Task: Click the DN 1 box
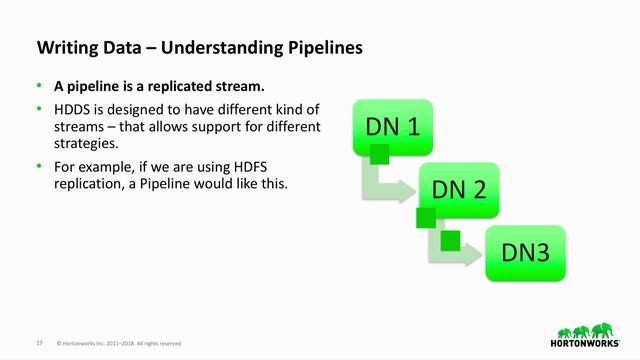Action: [x=391, y=127]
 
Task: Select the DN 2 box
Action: [x=458, y=189]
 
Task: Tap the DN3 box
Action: [x=525, y=252]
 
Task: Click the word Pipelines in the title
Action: [x=317, y=47]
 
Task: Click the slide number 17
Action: [x=39, y=342]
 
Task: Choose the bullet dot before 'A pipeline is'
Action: [x=40, y=86]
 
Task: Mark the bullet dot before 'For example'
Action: [x=40, y=165]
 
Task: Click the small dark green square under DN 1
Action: [x=379, y=154]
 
